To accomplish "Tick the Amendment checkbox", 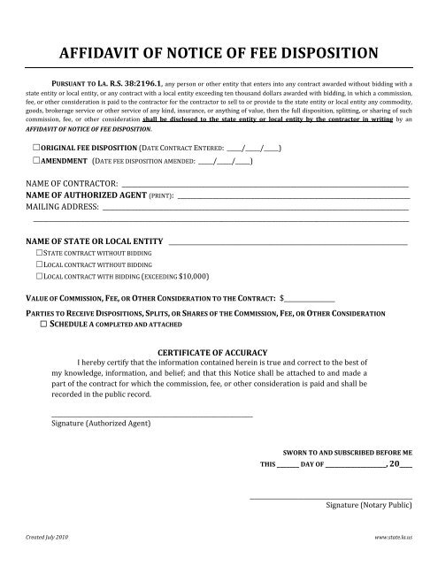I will pyautogui.click(x=34, y=162).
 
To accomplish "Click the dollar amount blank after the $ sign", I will pyautogui.click(x=310, y=298).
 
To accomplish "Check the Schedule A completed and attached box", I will pyautogui.click(x=43, y=325).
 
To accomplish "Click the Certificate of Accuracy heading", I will pyautogui.click(x=219, y=352).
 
